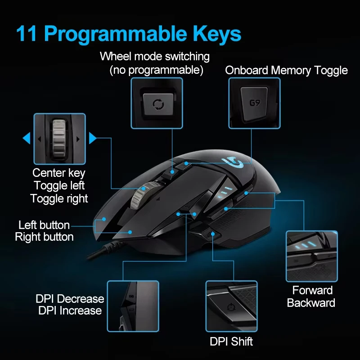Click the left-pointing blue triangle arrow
[x=27, y=138]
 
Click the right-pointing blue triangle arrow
[x=93, y=138]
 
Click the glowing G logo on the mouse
[x=235, y=162]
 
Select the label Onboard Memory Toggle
[x=286, y=70]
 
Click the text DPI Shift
[x=231, y=341]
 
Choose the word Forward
[x=312, y=290]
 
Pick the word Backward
[x=311, y=303]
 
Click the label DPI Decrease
[x=70, y=299]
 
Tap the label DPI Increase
[x=70, y=310]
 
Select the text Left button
[x=44, y=225]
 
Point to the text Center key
[x=59, y=173]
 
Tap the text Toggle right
[x=59, y=198]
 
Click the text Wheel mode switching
[x=155, y=57]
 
